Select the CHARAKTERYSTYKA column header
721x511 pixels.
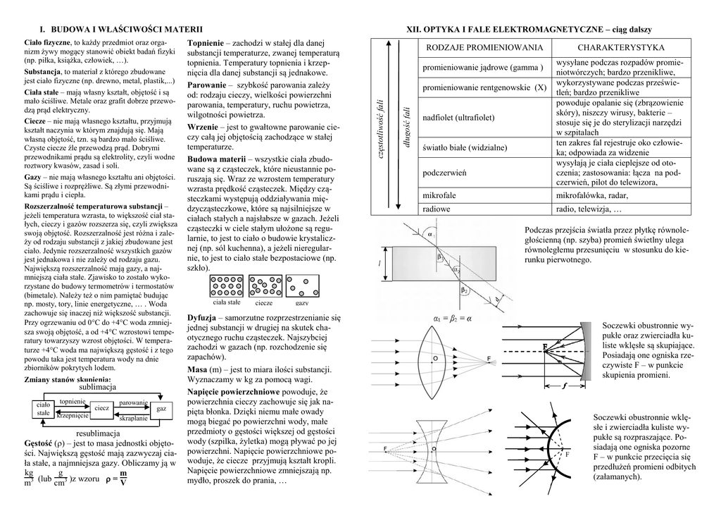(x=620, y=47)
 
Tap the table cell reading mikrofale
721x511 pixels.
(x=439, y=195)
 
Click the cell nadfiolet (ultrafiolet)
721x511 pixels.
(x=458, y=117)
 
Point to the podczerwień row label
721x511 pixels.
(x=444, y=173)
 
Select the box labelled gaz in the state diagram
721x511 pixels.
(x=161, y=409)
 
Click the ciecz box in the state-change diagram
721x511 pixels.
(x=101, y=408)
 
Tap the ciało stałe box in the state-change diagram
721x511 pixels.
(x=44, y=408)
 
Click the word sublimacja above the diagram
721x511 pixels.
(x=98, y=388)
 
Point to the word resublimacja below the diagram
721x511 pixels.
(x=99, y=432)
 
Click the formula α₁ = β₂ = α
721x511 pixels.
(x=453, y=319)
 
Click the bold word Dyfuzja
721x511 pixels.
(x=202, y=318)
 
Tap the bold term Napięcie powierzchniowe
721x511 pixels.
(x=232, y=391)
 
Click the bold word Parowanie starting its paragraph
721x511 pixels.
(x=206, y=85)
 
